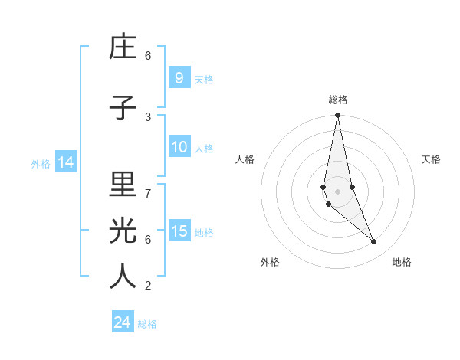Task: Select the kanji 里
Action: click(x=123, y=185)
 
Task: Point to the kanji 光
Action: click(x=123, y=231)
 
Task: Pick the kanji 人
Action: click(x=123, y=277)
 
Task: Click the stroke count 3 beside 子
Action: click(x=148, y=116)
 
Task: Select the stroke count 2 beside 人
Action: click(x=148, y=286)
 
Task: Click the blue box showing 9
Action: click(x=179, y=77)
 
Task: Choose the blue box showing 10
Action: click(x=179, y=147)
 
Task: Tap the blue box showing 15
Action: click(x=179, y=231)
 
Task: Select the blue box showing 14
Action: click(x=65, y=162)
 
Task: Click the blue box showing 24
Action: click(x=123, y=322)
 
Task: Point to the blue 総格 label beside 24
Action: click(x=147, y=324)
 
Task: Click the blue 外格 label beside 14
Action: click(x=41, y=163)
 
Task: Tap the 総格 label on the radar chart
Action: click(x=338, y=100)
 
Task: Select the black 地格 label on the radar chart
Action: click(x=402, y=262)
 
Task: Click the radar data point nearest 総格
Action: click(x=337, y=115)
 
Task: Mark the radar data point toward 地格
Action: click(x=374, y=242)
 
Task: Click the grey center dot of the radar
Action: click(x=337, y=191)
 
